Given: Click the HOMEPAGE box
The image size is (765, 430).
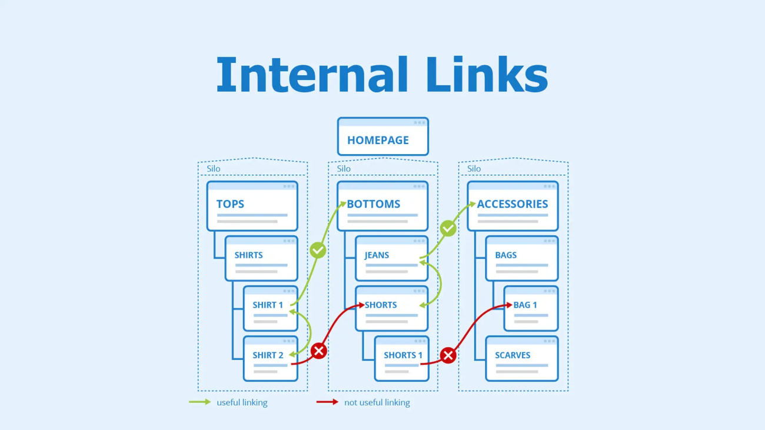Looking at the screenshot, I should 382,137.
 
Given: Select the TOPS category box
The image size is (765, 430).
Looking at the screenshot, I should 252,206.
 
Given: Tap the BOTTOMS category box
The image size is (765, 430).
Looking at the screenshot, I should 382,206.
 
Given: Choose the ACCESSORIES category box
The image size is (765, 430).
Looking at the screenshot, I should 513,206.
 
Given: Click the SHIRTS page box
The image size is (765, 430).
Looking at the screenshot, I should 261,259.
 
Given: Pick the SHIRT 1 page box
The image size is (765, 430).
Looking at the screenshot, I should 270,309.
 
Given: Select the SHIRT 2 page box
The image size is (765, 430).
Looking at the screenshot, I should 270,359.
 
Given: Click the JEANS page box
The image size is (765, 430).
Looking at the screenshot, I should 391,259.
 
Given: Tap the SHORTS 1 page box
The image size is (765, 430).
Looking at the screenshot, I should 401,359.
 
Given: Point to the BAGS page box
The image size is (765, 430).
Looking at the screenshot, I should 521,259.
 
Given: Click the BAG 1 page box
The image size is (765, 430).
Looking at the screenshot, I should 531,309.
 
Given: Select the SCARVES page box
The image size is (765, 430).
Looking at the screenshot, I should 521,359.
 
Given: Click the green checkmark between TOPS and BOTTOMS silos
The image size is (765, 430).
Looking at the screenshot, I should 318,251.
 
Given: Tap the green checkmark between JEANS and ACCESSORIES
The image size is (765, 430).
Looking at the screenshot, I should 448,228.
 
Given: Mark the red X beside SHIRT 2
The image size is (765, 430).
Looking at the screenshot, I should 318,351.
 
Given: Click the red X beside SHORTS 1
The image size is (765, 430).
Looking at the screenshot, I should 448,355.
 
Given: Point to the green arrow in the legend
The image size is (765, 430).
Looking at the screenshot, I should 199,402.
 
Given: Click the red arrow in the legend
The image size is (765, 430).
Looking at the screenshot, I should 327,402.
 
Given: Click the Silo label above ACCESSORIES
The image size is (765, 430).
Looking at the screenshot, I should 474,169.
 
